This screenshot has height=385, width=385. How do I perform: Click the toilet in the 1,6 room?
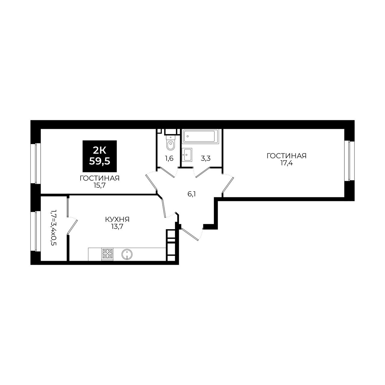pos(171,142)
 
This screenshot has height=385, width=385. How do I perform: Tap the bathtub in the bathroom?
pos(200,136)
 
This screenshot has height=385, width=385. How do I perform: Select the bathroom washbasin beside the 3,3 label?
pos(187,154)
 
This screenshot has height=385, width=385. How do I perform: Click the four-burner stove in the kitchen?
pos(107,254)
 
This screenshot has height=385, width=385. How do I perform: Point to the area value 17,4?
pos(286,163)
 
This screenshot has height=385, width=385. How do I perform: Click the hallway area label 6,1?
pos(191,194)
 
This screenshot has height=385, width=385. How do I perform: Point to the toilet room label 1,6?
pos(169,159)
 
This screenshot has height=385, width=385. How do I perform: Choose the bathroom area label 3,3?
pos(205,159)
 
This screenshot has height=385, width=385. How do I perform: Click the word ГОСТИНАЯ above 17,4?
pos(287,156)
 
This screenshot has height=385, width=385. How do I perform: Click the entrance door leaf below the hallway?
pos(190,234)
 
